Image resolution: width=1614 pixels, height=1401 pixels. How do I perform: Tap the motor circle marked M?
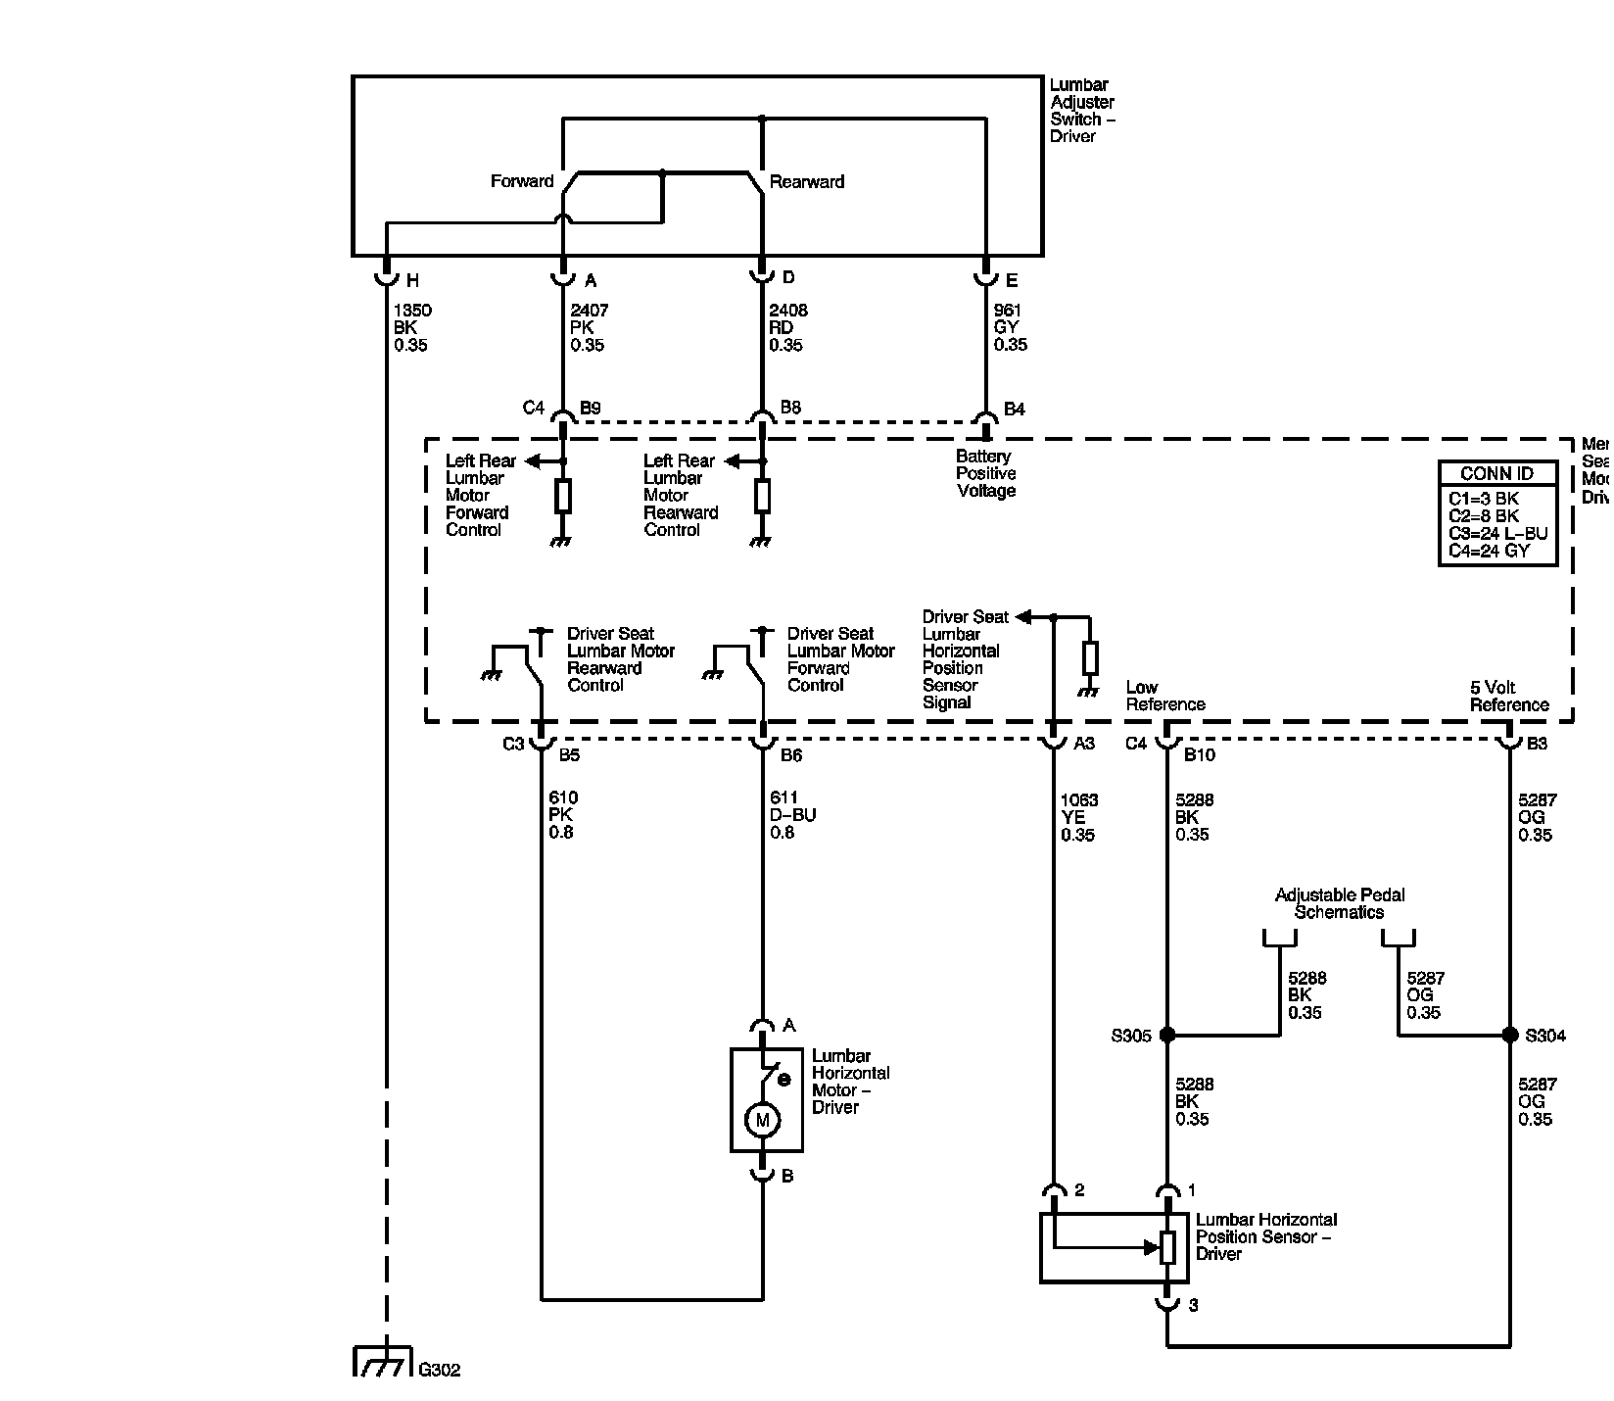(x=762, y=1120)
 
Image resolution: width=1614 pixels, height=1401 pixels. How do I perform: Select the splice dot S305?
(x=1166, y=1035)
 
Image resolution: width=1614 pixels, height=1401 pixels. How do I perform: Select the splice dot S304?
(x=1509, y=1035)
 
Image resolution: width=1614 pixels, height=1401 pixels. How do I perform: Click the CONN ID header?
(x=1496, y=474)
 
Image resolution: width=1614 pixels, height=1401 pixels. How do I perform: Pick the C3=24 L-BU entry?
(x=1497, y=534)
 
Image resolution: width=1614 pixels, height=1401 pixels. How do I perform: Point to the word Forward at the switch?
(x=522, y=181)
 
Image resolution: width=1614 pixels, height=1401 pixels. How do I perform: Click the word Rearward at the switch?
(x=807, y=181)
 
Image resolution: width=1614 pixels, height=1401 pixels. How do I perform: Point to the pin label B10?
(x=1200, y=754)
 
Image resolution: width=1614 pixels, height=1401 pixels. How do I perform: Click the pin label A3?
(x=1084, y=744)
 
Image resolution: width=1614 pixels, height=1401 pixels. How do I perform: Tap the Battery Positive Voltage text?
(x=986, y=473)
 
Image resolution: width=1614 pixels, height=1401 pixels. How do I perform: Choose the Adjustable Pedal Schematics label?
(x=1339, y=903)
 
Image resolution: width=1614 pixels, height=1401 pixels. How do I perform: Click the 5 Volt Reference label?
(x=1508, y=696)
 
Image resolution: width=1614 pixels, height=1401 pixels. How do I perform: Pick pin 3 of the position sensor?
(x=1192, y=1305)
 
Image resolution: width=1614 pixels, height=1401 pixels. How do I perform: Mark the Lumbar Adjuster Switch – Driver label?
(x=1082, y=111)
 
